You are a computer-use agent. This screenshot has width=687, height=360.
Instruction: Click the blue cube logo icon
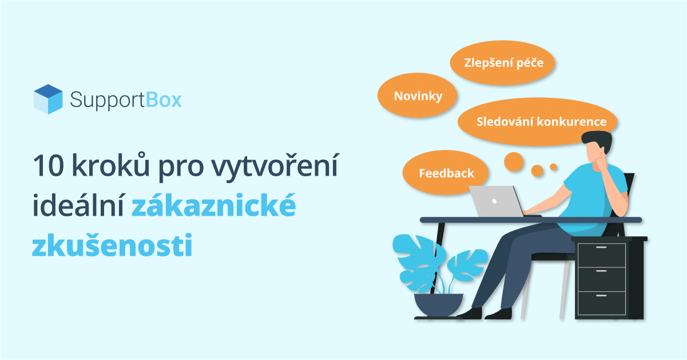point(48,99)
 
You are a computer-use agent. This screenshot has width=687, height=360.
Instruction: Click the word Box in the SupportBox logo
point(164,100)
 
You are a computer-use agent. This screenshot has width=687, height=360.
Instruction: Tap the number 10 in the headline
point(48,166)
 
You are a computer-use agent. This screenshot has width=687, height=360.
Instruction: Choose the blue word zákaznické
point(214,205)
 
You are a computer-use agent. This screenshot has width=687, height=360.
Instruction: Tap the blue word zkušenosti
point(112,244)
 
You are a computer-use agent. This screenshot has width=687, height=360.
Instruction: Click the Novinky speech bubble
point(418,96)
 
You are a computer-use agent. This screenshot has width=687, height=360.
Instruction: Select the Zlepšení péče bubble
point(503,62)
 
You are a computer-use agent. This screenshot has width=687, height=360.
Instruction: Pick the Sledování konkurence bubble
point(537,121)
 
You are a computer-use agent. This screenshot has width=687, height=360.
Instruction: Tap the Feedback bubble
point(446,173)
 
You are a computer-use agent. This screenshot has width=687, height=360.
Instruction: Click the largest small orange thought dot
point(514,162)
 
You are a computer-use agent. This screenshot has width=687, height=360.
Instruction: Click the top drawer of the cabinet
point(601,255)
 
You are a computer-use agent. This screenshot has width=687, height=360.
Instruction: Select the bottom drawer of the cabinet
point(601,303)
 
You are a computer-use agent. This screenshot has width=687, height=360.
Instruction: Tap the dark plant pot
point(439,304)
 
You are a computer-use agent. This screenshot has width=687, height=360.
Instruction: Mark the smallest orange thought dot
point(553,167)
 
